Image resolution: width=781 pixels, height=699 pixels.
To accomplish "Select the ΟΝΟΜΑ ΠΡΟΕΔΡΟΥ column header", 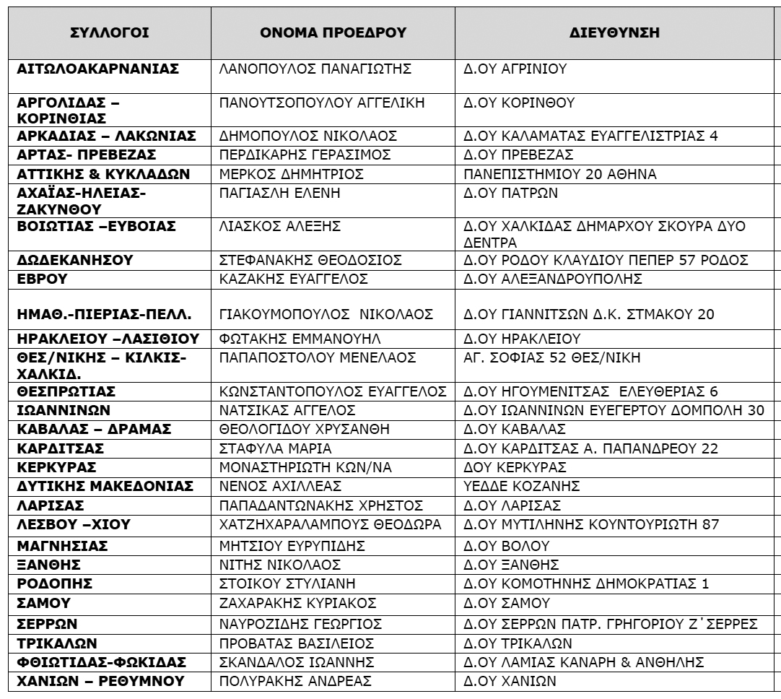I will click(x=333, y=33).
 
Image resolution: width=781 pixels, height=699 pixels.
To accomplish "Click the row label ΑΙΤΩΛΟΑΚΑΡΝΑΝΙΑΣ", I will click(x=98, y=69).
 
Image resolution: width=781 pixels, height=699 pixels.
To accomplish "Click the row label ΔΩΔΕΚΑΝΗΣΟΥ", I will click(x=74, y=259).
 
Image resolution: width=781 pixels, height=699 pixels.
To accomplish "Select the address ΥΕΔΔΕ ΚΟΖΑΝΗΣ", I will click(x=514, y=486).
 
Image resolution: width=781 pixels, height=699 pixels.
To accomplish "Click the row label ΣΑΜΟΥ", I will click(x=44, y=602).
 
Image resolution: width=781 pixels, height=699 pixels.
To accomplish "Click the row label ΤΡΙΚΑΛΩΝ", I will click(x=58, y=641).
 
